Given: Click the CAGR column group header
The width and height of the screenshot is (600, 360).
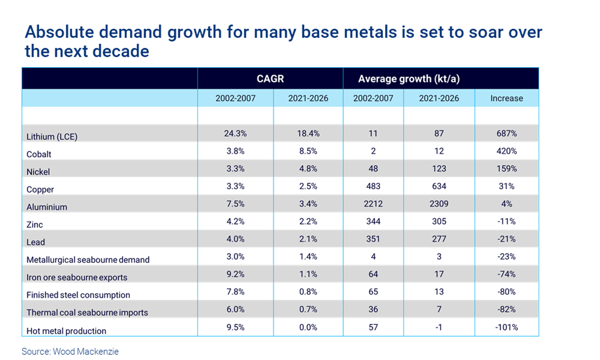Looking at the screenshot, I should pyautogui.click(x=270, y=79).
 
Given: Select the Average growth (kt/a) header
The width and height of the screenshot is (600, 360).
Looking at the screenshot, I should pyautogui.click(x=409, y=79).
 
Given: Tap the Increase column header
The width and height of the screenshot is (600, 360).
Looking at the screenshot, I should pyautogui.click(x=506, y=98).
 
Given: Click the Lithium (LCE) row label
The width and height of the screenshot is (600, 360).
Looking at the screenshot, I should pyautogui.click(x=52, y=137).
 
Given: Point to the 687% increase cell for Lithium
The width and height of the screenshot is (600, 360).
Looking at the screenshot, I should pyautogui.click(x=506, y=133).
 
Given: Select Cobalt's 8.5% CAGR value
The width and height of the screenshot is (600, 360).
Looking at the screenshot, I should pyautogui.click(x=308, y=151).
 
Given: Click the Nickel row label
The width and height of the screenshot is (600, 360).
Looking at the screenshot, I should pyautogui.click(x=38, y=172).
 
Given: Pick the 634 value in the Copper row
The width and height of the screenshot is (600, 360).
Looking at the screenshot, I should pyautogui.click(x=439, y=186).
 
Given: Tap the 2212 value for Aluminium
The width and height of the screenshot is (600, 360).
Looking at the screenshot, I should pyautogui.click(x=373, y=204).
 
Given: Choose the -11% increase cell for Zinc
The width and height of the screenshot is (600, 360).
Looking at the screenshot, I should pyautogui.click(x=506, y=221).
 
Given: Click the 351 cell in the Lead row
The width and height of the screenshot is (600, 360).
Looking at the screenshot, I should pyautogui.click(x=373, y=239).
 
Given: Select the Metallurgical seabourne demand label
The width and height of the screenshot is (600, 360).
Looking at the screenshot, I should pyautogui.click(x=88, y=260).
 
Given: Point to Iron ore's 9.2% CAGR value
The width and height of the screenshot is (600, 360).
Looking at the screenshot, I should pyautogui.click(x=235, y=274).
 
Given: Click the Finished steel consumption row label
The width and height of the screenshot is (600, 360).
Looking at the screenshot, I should pyautogui.click(x=78, y=295).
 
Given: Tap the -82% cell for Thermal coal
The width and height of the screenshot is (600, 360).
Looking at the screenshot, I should pyautogui.click(x=506, y=309).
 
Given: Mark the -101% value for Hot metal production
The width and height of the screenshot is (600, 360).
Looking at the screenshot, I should pyautogui.click(x=506, y=327).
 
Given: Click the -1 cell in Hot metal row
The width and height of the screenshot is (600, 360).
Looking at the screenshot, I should pyautogui.click(x=439, y=327).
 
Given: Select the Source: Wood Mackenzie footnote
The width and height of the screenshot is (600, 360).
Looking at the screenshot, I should pyautogui.click(x=70, y=351).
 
